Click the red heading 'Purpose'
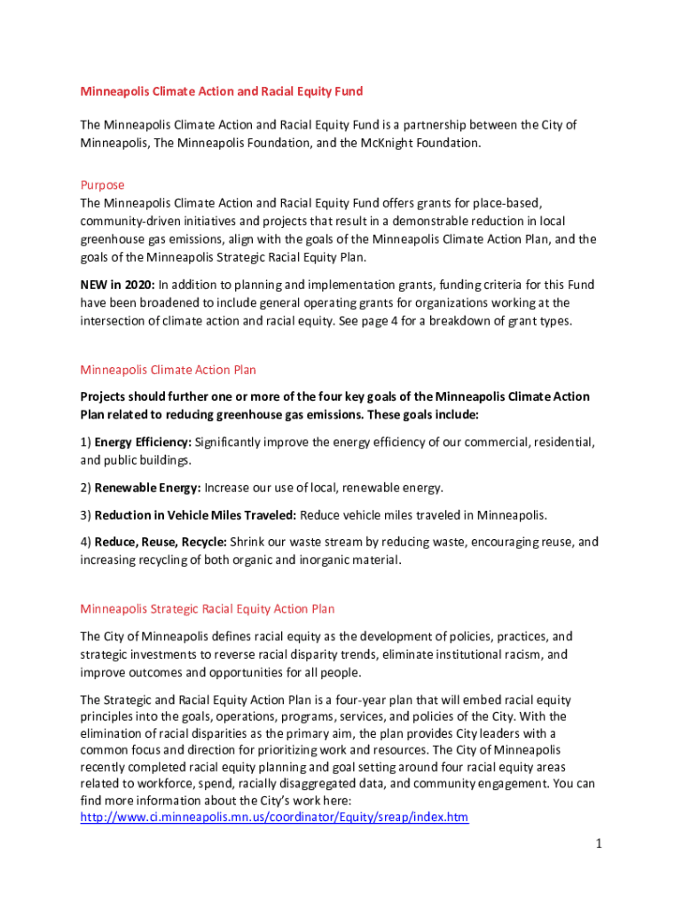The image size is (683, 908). point(102,185)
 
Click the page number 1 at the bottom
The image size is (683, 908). point(599,844)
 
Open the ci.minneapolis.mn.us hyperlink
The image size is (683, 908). point(274,817)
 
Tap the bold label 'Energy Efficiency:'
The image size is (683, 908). point(142,442)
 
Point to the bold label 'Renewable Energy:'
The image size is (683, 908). point(147,488)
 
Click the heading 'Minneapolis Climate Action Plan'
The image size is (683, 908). point(169,369)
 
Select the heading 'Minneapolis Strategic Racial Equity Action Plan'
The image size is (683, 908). point(208,608)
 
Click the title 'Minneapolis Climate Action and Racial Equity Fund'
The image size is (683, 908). point(222,91)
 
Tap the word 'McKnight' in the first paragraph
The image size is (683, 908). point(410,142)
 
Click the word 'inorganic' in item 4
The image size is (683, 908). point(315,560)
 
